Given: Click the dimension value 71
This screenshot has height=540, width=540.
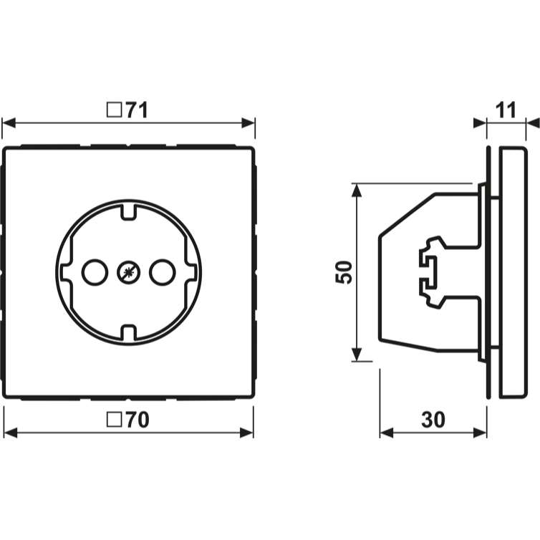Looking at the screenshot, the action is [x=136, y=110].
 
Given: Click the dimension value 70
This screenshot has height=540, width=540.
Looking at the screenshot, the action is [x=137, y=420].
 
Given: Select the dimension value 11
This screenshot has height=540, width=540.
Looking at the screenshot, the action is [x=506, y=110].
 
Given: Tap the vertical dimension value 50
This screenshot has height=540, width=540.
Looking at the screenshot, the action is [x=344, y=272].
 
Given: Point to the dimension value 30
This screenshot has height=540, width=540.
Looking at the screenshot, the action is [x=433, y=420].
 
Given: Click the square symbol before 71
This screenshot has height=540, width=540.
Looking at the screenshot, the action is [x=115, y=110].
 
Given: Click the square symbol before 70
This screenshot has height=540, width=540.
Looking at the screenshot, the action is [x=115, y=420].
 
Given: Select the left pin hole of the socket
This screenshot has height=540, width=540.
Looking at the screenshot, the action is [x=95, y=272].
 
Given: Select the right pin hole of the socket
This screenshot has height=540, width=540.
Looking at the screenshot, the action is [x=162, y=272].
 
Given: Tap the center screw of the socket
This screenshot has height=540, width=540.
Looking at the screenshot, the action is [x=128, y=272].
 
